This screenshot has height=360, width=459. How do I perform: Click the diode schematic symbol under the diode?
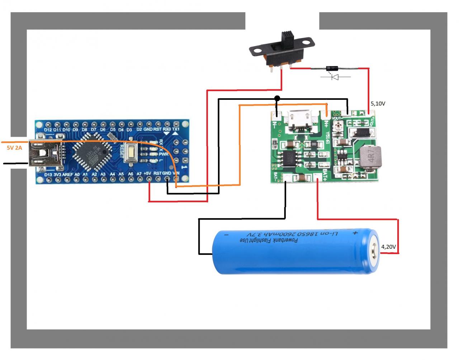[x=335, y=76]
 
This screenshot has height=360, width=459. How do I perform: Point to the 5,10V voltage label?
[x=378, y=103]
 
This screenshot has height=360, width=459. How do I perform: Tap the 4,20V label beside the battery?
[x=388, y=247]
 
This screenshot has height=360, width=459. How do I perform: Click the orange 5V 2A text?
[x=14, y=148]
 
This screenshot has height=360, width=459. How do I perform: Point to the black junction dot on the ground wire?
[x=277, y=98]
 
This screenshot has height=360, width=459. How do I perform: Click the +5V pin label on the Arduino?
[x=147, y=174]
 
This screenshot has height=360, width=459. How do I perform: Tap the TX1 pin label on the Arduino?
[x=176, y=129]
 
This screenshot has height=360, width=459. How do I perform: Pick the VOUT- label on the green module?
[x=337, y=118]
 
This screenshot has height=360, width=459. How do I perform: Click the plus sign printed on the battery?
[x=355, y=233]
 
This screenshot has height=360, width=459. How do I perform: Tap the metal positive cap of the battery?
[x=374, y=252]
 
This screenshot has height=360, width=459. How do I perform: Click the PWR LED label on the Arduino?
[x=164, y=154]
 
